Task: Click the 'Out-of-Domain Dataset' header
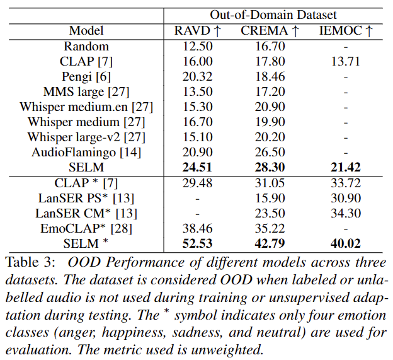pyautogui.click(x=273, y=15)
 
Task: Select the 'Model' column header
pyautogui.click(x=86, y=30)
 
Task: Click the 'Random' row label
pyautogui.click(x=86, y=46)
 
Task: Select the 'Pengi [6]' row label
pyautogui.click(x=86, y=76)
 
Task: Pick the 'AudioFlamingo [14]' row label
pyautogui.click(x=86, y=152)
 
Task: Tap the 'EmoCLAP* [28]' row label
pyautogui.click(x=86, y=228)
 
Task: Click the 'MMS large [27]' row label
pyautogui.click(x=86, y=91)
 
